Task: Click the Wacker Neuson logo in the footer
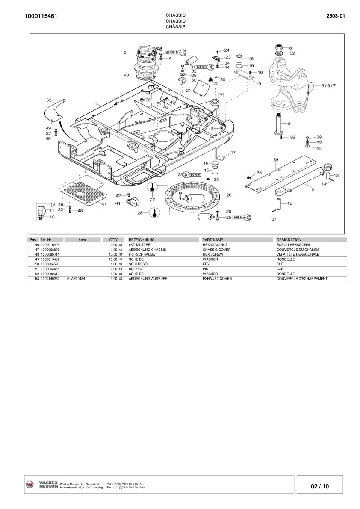(x=42, y=485)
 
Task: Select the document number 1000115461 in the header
(x=41, y=16)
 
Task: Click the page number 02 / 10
(x=319, y=486)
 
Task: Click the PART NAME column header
(x=213, y=240)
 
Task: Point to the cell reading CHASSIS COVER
(x=217, y=249)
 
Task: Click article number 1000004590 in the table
(x=50, y=264)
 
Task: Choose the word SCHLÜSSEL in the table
(x=139, y=264)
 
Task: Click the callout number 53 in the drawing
(x=49, y=100)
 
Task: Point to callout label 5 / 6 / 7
(x=328, y=85)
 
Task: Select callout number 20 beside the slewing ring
(x=229, y=195)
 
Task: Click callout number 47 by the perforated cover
(x=103, y=204)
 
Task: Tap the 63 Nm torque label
(x=202, y=67)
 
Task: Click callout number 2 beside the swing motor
(x=125, y=53)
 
